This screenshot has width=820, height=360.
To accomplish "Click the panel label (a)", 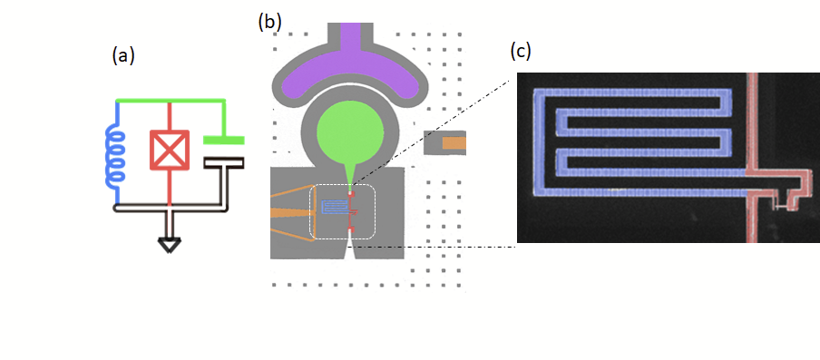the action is (x=123, y=55).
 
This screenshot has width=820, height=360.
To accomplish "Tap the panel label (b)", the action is (x=269, y=22).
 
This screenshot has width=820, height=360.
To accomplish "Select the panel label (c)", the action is (x=520, y=51).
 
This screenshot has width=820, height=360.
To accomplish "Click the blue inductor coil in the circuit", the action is (x=114, y=160).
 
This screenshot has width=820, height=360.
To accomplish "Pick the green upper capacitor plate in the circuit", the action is (x=223, y=140).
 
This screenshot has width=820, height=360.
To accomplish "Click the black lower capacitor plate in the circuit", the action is (x=223, y=163).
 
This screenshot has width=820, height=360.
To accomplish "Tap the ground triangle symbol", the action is (x=169, y=245).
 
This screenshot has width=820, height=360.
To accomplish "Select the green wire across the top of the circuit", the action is (x=170, y=100).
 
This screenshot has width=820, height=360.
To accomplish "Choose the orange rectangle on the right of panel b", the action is (x=454, y=142).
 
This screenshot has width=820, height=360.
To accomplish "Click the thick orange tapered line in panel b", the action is (x=289, y=213).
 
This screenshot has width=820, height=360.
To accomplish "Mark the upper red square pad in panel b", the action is (x=351, y=194).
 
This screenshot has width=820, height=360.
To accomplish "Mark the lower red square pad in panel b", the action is (x=351, y=229).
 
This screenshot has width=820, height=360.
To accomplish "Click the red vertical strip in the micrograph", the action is (x=753, y=157).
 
